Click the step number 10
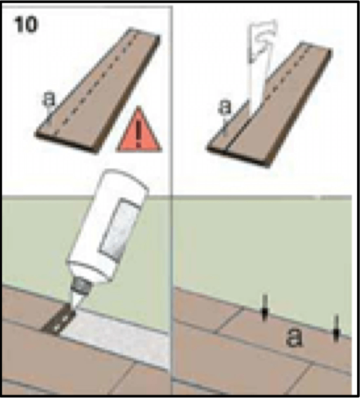(x=26, y=25)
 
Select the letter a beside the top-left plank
(x=49, y=99)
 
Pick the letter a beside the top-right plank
(x=225, y=106)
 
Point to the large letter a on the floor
(x=294, y=337)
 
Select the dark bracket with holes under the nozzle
(x=59, y=319)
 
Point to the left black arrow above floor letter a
(x=265, y=308)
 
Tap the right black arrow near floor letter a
(x=336, y=328)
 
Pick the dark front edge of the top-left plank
(x=67, y=143)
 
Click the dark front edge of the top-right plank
(x=238, y=157)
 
